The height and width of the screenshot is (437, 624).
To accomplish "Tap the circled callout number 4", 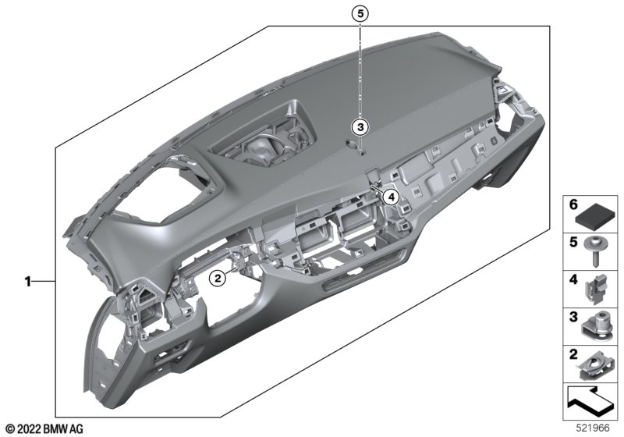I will (390, 197).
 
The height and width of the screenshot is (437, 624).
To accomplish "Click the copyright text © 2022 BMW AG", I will (44, 428).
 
